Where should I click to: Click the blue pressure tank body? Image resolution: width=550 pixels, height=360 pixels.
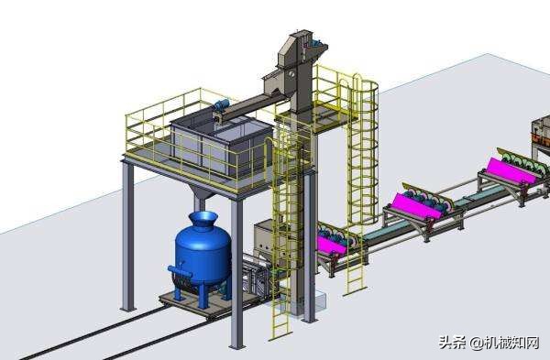203,254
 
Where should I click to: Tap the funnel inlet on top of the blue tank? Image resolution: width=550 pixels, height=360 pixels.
203,219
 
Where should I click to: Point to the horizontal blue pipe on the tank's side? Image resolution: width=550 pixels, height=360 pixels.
180,272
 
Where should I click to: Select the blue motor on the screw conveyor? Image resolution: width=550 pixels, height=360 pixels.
222,104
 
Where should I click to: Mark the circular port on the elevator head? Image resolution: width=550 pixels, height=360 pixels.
291,74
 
